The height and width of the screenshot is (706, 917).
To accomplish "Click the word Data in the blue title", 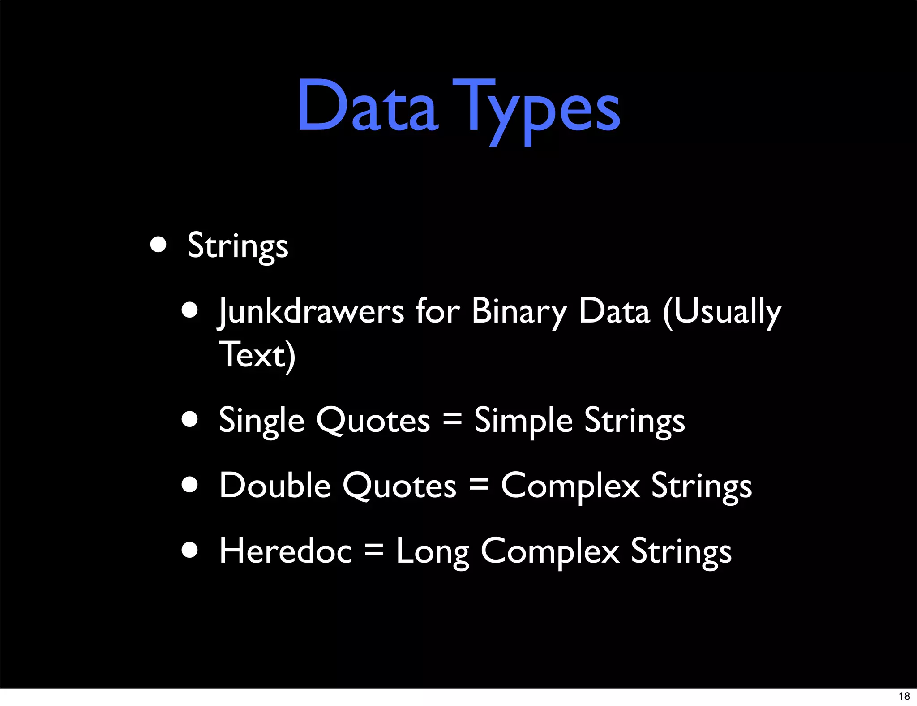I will pos(367,107).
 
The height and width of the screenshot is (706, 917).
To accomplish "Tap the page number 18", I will pos(904,696).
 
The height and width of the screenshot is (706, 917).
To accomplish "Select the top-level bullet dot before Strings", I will pos(159,245).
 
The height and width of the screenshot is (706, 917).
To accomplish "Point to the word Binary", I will pos(519,311).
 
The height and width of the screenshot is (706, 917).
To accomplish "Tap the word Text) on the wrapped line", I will pos(257,355).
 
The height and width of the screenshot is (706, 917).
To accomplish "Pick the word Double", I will pos(275,486).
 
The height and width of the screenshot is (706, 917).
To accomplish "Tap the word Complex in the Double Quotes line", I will pos(570,486).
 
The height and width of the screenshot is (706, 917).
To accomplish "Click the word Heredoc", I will pos(285,551).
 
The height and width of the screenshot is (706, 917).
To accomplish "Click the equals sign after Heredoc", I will pos(374,550).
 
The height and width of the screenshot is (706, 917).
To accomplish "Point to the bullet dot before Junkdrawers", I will pos(190,310).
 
